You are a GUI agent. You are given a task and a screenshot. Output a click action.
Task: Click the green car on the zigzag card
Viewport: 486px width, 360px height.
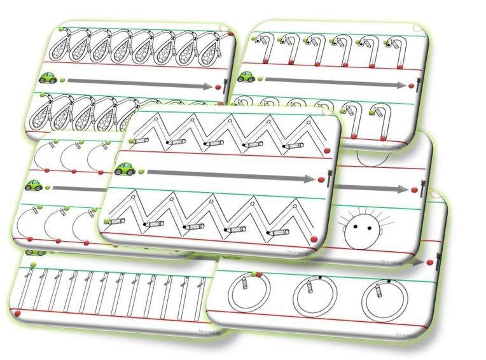(x=125, y=169)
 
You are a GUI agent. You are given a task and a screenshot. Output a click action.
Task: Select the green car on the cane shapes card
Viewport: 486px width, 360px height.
(x=246, y=77)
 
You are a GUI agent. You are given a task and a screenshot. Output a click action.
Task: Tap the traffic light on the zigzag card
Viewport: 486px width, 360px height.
(x=329, y=176)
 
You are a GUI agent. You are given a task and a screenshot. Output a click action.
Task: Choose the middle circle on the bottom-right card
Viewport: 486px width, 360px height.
(x=314, y=296)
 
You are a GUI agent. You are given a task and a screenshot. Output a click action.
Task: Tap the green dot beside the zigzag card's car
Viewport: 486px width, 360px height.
(x=141, y=170)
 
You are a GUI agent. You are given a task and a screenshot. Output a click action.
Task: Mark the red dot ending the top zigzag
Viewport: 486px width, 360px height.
(x=327, y=151)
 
